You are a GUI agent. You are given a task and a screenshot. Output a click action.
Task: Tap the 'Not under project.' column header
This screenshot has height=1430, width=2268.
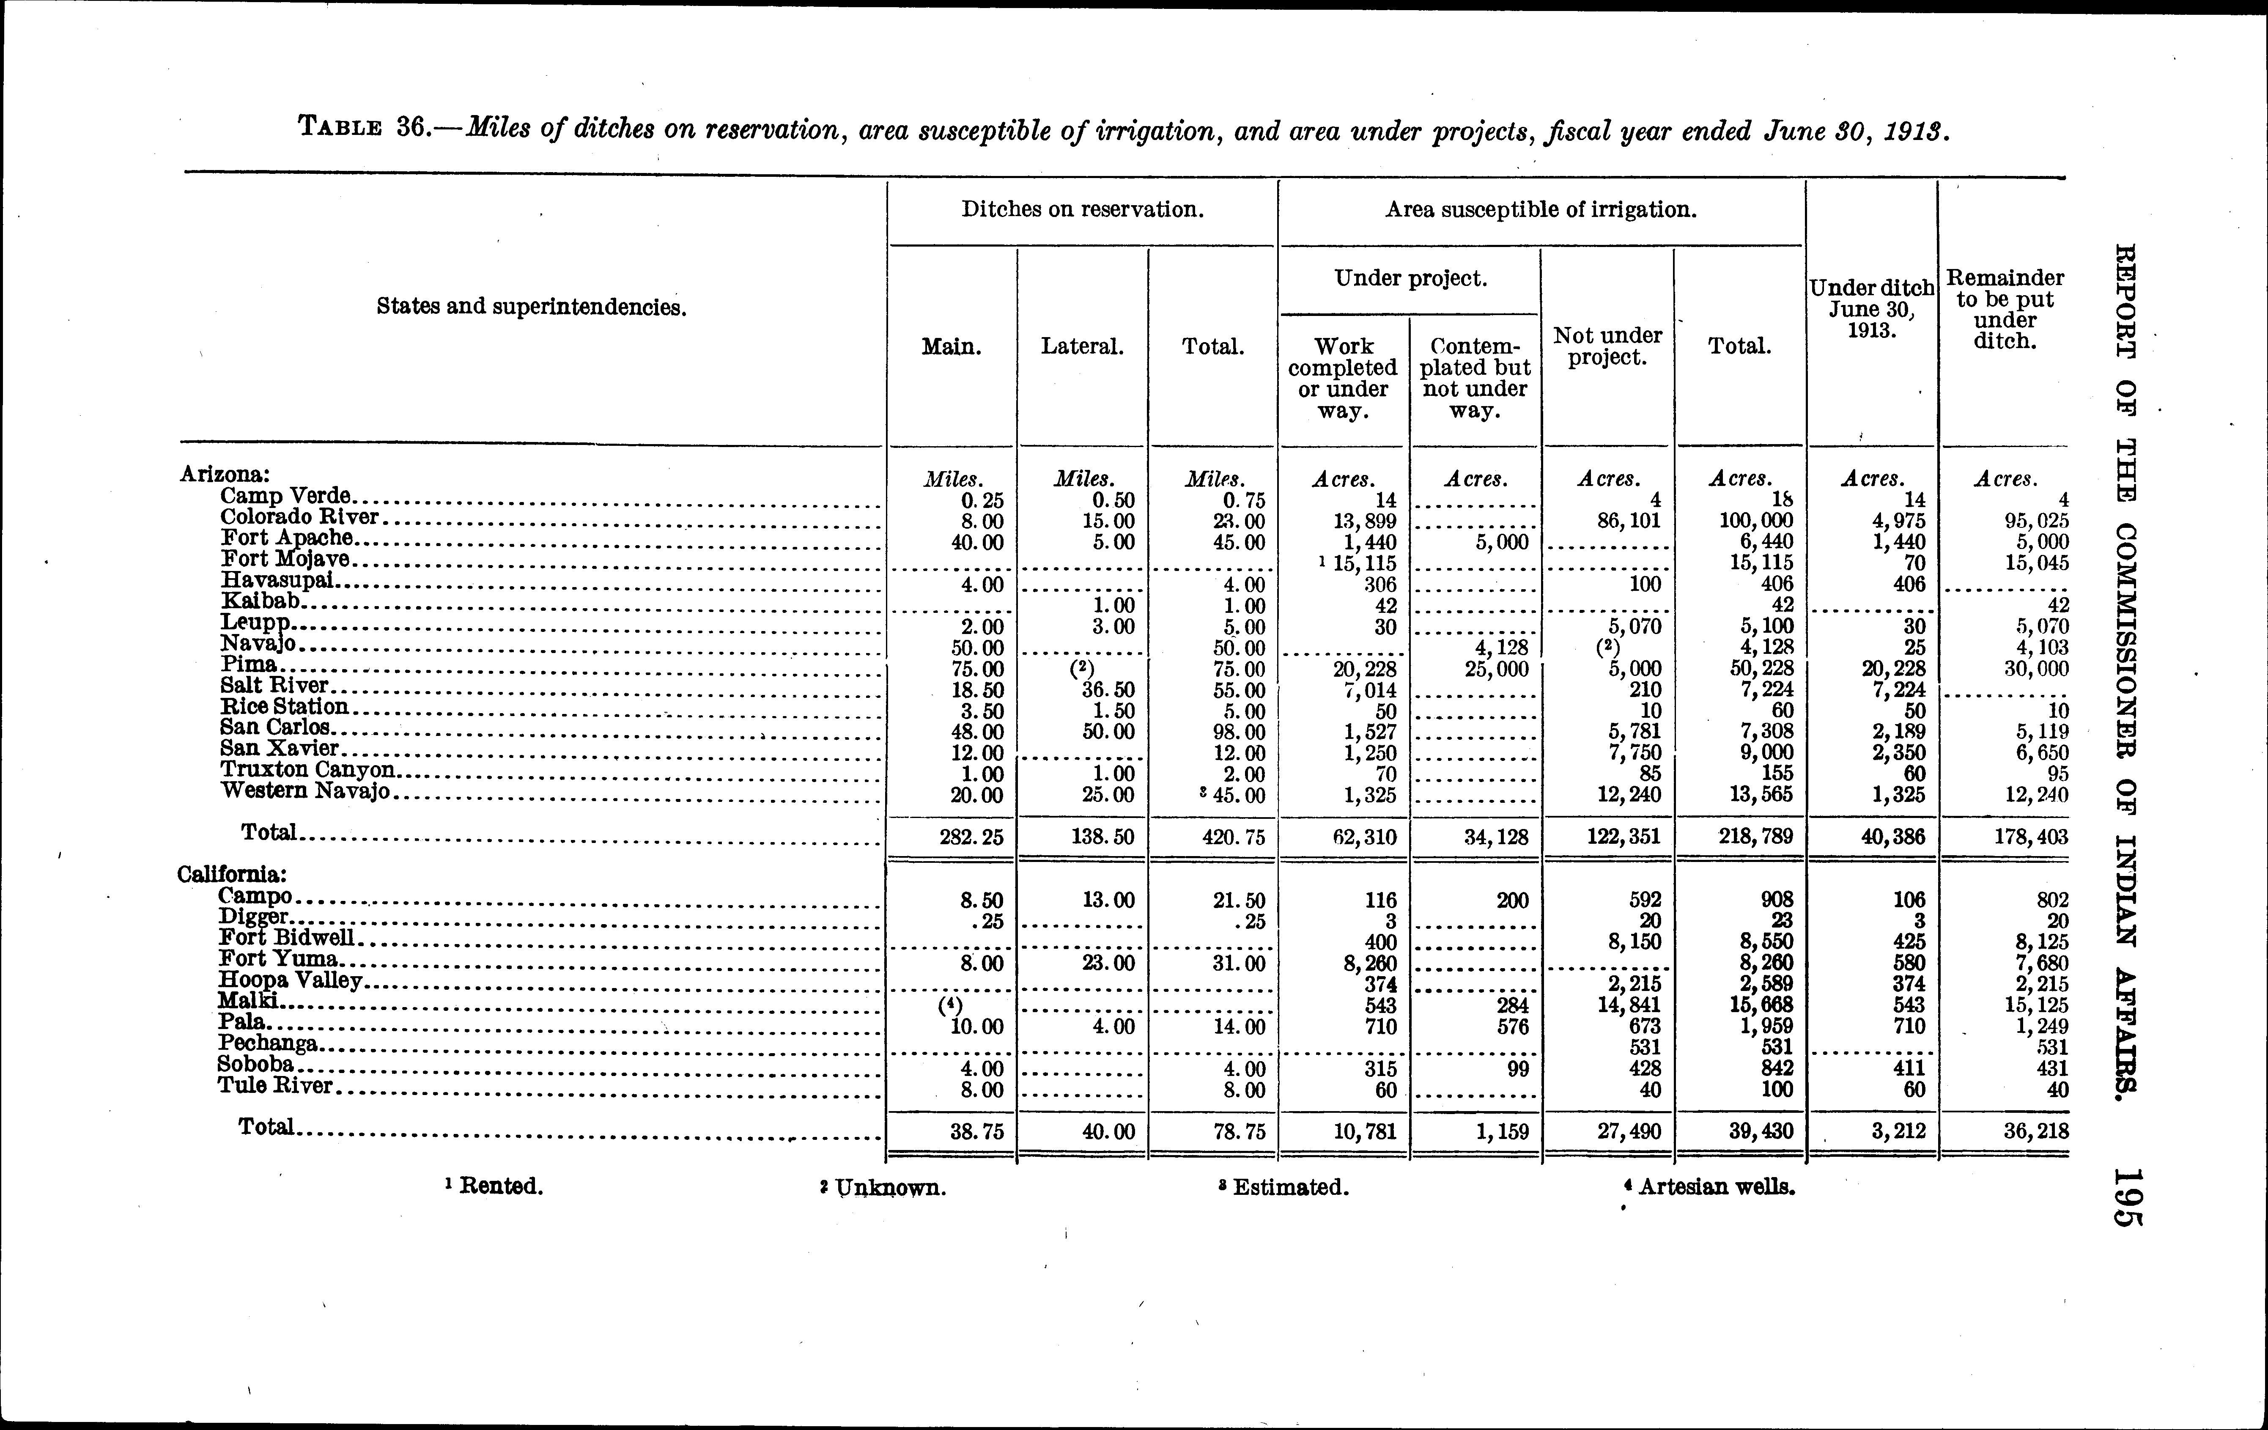point(1607,347)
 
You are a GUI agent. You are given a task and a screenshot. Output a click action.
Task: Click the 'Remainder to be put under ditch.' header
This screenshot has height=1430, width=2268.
point(2004,309)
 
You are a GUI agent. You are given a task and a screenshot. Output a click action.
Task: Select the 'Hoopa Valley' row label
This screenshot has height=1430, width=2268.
point(290,981)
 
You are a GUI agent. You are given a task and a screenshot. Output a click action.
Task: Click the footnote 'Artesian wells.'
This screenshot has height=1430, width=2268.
point(1716,1187)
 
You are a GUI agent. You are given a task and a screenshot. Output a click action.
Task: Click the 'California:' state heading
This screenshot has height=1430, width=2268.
point(232,874)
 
